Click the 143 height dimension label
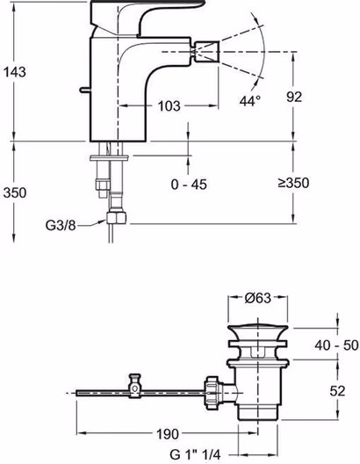click(15, 72)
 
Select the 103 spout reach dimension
click(169, 106)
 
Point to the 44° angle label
click(250, 101)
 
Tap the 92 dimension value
click(294, 97)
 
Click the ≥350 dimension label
click(293, 183)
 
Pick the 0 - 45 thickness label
click(189, 185)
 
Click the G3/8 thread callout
click(61, 226)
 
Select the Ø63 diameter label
click(258, 298)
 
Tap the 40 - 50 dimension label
click(336, 345)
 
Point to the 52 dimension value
click(337, 391)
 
